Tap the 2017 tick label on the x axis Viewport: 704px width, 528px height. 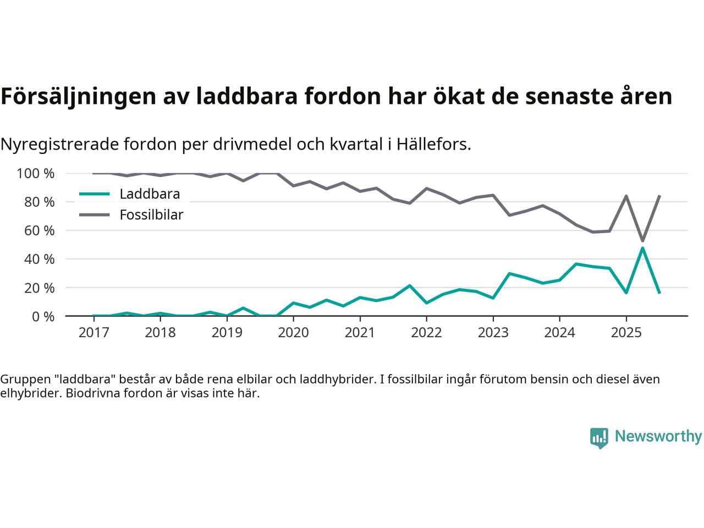pyautogui.click(x=94, y=333)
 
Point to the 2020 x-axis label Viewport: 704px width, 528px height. pyautogui.click(x=293, y=333)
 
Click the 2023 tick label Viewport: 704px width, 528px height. pyautogui.click(x=493, y=333)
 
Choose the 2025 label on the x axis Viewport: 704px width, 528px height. pyautogui.click(x=626, y=333)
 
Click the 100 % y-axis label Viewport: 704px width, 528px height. pyautogui.click(x=36, y=174)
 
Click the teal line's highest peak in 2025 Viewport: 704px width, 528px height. pyautogui.click(x=642, y=248)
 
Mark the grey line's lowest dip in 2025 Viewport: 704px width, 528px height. pyautogui.click(x=642, y=241)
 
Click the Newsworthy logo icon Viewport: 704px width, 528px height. pyautogui.click(x=599, y=438)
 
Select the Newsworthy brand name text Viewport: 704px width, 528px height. pyautogui.click(x=658, y=437)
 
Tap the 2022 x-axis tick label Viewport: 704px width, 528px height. pyautogui.click(x=426, y=333)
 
